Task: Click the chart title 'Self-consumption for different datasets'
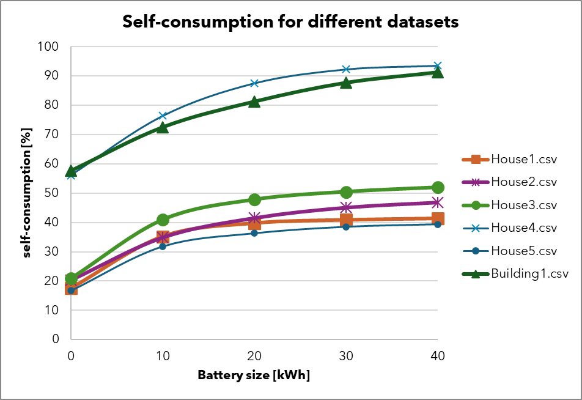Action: coord(290,22)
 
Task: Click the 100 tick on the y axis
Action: coord(49,46)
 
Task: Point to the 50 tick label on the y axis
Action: coord(51,193)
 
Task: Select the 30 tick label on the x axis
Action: coord(346,355)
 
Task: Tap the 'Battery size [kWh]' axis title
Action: coord(254,375)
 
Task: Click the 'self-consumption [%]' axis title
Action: coord(27,193)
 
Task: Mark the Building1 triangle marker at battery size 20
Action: coord(254,102)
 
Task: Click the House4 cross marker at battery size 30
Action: coord(346,69)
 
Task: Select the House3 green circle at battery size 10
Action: coord(163,220)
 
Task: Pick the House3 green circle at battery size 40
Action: coord(438,187)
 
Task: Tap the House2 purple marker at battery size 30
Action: coord(346,207)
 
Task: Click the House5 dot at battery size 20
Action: coord(254,233)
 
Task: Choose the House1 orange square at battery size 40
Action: coord(438,218)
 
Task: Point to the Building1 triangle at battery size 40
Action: coord(438,72)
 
